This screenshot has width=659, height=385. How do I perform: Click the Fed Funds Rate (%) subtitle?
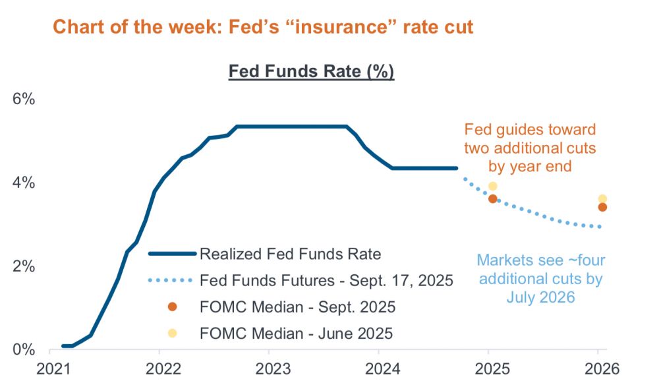point(311,71)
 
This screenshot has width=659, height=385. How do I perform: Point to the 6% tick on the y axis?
point(24,99)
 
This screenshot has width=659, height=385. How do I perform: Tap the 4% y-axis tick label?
point(24,183)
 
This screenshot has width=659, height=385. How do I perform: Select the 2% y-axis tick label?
point(24,266)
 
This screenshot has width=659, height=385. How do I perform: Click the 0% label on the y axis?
point(24,349)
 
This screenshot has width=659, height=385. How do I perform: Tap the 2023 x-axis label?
point(269,367)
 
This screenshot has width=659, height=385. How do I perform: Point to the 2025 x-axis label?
point(488,367)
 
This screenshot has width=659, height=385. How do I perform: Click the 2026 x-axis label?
point(598,367)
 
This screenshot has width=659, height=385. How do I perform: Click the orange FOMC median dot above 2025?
point(492,198)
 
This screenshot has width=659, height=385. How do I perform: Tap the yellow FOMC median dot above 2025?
point(492,187)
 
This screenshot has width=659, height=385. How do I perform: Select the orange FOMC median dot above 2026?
point(602,207)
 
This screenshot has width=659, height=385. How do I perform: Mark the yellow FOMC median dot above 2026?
point(602,199)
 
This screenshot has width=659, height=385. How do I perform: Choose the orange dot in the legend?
point(173,307)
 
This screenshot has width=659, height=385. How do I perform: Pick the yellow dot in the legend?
point(173,334)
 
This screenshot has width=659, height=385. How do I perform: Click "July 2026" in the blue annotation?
point(540,297)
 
